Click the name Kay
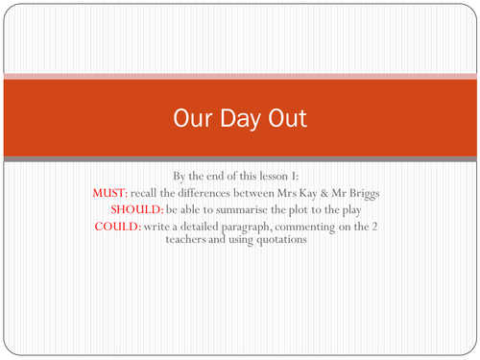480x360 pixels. [x=318, y=193]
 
